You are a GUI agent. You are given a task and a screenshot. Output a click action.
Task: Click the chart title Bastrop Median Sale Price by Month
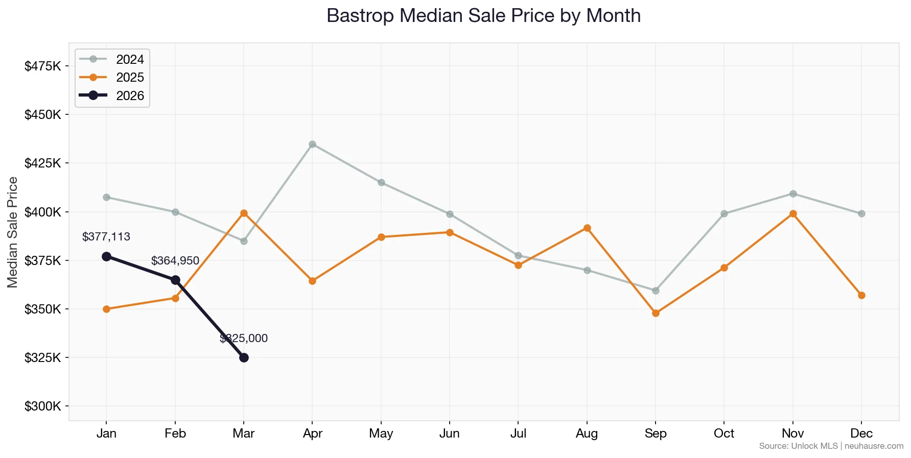[483, 16]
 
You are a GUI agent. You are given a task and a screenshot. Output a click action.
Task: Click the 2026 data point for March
[244, 357]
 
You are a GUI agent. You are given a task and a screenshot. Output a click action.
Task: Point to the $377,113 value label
[106, 237]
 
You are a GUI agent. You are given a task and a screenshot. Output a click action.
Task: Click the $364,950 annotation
[175, 261]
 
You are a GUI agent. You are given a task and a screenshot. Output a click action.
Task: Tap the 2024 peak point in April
[312, 144]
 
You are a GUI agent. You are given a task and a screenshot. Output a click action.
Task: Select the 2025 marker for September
[656, 313]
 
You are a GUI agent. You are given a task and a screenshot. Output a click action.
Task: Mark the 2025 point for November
[793, 213]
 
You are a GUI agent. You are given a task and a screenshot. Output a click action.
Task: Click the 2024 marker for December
[861, 213]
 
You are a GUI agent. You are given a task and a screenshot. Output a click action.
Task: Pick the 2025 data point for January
[106, 309]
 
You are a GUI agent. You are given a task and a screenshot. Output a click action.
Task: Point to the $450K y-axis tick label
[43, 114]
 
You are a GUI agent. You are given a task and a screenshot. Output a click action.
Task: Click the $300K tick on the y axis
[43, 406]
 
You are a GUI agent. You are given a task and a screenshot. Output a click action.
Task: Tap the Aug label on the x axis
[587, 433]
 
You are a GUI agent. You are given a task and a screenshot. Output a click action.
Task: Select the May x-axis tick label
[381, 433]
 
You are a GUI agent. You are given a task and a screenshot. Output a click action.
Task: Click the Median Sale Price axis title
[13, 232]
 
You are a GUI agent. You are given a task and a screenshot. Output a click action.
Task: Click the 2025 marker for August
[587, 228]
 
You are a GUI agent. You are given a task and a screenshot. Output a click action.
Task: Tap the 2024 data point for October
[724, 213]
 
